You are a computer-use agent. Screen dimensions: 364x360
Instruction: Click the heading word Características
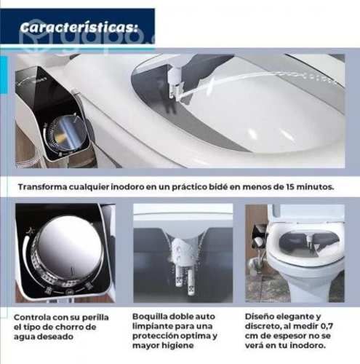pyautogui.click(x=78, y=28)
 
